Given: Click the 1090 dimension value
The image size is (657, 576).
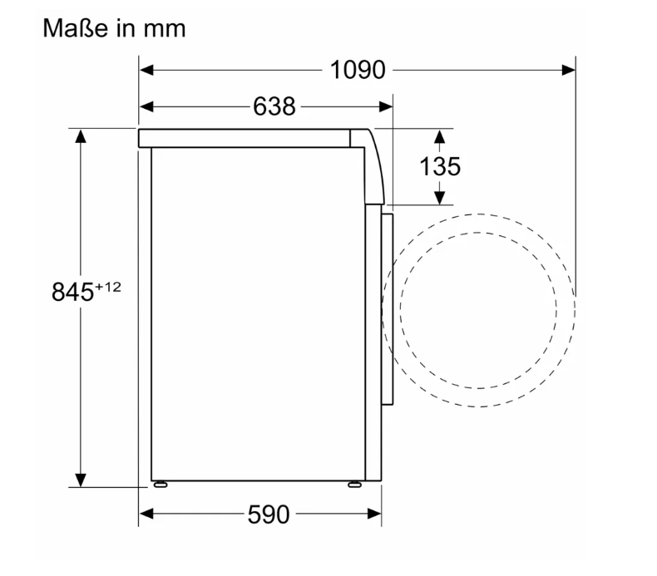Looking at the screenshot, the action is [358, 70].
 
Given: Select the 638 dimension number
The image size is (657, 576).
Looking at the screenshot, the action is [274, 106].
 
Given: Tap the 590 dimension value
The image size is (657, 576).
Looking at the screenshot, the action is [269, 514].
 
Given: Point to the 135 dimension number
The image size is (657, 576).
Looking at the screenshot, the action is [440, 166].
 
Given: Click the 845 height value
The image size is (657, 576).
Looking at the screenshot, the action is [72, 292].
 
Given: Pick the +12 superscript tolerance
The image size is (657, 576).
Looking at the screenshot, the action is [108, 287].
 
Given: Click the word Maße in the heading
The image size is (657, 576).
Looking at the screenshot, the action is [76, 28].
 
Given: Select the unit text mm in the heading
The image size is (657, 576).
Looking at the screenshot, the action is [165, 30].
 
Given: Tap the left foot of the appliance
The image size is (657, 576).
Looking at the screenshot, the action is [161, 485].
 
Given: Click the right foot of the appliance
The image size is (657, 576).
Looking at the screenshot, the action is [354, 485].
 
